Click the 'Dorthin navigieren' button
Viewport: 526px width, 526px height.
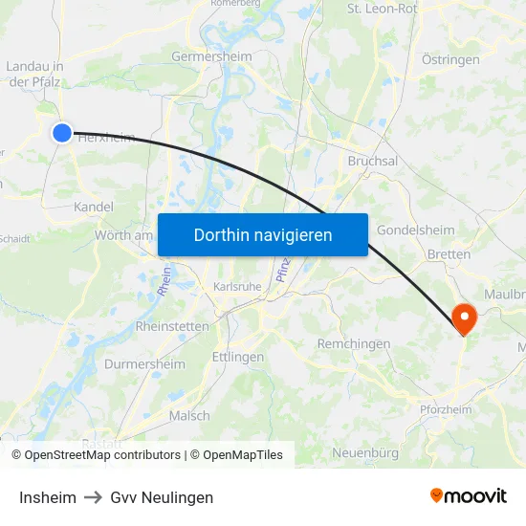pyautogui.click(x=262, y=234)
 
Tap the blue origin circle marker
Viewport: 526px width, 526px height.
pyautogui.click(x=61, y=133)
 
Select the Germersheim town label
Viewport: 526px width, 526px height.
pyautogui.click(x=211, y=56)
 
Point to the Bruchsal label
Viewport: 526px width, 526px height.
pyautogui.click(x=373, y=162)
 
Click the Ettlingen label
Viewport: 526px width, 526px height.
pyautogui.click(x=237, y=357)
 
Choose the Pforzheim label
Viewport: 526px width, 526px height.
pyautogui.click(x=446, y=409)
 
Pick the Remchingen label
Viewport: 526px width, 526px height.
pyautogui.click(x=353, y=343)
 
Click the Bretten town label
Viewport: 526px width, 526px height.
pyautogui.click(x=449, y=254)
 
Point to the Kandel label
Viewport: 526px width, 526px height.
pyautogui.click(x=94, y=207)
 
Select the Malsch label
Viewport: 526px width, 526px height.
pyautogui.click(x=188, y=415)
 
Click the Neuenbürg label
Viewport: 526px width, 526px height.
pyautogui.click(x=364, y=451)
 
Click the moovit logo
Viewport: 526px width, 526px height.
pyautogui.click(x=468, y=495)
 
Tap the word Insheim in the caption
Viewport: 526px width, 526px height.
pyautogui.click(x=48, y=497)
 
